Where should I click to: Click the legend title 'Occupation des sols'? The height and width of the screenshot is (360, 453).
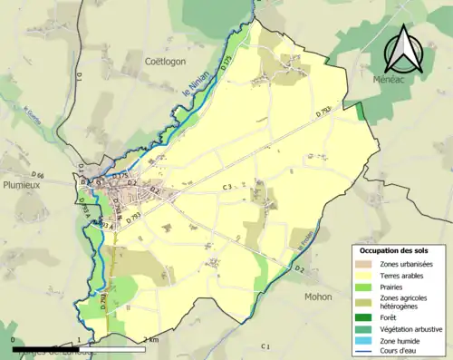tap(394, 250)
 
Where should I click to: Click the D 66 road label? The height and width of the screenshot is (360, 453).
tap(37, 174)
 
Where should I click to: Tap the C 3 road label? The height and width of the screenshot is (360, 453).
tap(228, 187)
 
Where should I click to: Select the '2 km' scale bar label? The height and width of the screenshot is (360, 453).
tap(150, 339)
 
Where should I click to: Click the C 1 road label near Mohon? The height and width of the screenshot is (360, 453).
tap(265, 346)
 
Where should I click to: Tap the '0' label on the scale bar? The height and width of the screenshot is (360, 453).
tap(14, 339)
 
